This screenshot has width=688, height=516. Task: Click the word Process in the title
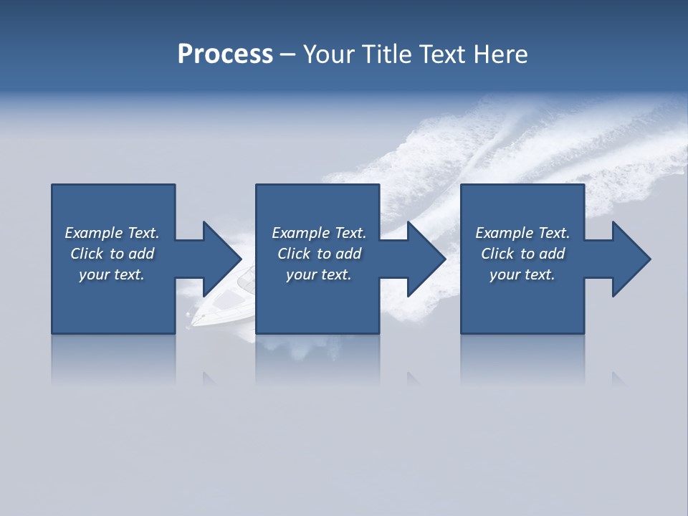(x=225, y=54)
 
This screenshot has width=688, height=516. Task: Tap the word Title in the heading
(x=388, y=54)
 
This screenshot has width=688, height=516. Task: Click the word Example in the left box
(x=93, y=233)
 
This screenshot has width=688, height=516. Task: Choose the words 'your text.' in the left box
(x=112, y=274)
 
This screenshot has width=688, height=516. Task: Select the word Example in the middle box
(x=300, y=233)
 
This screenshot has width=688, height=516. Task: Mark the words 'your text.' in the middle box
(x=319, y=274)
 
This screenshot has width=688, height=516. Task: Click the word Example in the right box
(x=504, y=233)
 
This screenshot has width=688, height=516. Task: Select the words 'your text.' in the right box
(x=522, y=274)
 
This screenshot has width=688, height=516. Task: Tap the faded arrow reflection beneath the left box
(x=209, y=378)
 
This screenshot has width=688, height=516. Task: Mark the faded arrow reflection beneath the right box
(x=618, y=378)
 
